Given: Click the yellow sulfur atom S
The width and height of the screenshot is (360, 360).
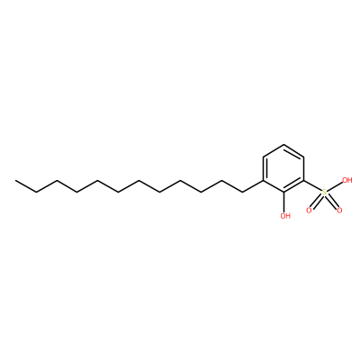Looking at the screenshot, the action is [324, 193].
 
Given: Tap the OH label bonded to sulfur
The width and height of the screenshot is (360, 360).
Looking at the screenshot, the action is [347, 180].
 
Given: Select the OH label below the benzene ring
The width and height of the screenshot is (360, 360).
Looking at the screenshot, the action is [285, 216].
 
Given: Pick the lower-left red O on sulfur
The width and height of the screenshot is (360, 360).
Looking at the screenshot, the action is [309, 211].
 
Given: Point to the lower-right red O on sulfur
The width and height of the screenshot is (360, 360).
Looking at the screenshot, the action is [339, 211].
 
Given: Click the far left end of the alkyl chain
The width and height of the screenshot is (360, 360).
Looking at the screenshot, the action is [15, 181].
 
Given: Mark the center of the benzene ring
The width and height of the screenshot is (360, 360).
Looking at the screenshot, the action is [283, 169].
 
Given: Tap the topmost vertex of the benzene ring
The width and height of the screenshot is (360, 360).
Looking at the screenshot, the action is [283, 145].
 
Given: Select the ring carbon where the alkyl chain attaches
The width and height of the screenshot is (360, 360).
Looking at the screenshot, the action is [263, 181].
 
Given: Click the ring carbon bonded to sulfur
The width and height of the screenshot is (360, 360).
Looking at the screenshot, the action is [304, 181].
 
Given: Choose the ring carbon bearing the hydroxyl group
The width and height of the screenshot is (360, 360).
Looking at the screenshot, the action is [283, 193].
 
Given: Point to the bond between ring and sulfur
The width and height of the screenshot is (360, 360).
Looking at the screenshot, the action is [313, 185].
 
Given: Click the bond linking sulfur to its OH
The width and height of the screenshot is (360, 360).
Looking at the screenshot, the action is [335, 186].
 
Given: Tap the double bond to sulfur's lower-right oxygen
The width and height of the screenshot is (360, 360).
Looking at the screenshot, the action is [331, 201].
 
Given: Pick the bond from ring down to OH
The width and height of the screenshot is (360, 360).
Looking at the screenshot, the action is [284, 202].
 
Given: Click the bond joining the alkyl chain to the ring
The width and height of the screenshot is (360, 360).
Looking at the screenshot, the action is [253, 186].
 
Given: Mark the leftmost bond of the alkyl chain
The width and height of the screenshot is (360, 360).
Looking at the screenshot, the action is [26, 186].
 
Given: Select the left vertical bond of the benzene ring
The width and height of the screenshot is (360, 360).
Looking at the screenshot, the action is [264, 169].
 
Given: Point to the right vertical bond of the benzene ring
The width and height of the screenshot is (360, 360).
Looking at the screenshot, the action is [304, 169].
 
